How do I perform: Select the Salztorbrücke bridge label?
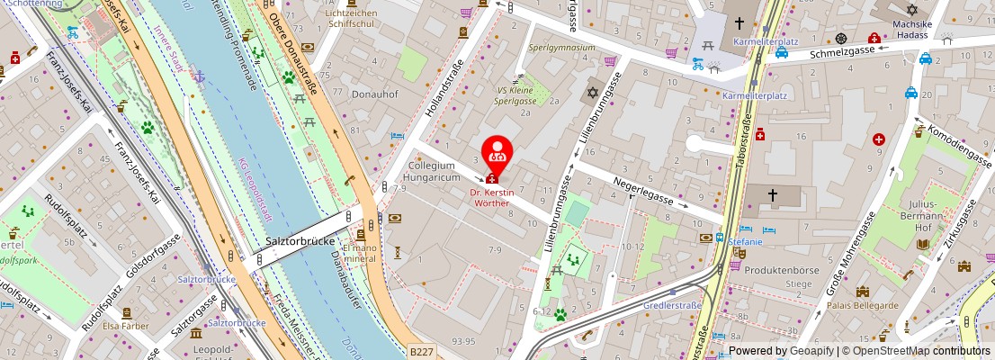[x=301, y=242]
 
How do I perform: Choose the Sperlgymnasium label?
[x=562, y=47]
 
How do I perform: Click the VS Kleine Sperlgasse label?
[x=515, y=95]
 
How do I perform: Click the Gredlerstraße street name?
[x=673, y=305]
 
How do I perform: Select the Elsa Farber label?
[x=126, y=326]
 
